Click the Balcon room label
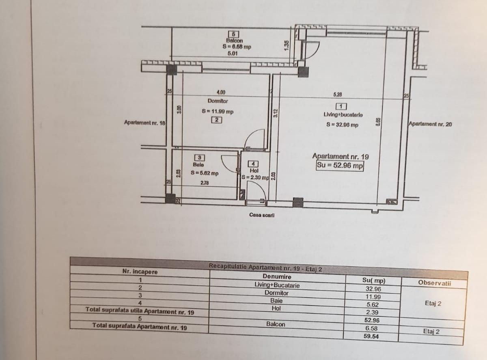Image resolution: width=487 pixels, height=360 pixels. click(x=234, y=41)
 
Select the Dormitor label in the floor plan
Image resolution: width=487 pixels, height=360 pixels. click(x=218, y=101)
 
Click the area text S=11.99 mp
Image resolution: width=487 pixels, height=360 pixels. click(x=218, y=111)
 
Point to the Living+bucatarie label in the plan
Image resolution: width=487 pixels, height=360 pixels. click(x=340, y=115)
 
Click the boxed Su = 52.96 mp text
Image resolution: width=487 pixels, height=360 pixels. click(x=340, y=166)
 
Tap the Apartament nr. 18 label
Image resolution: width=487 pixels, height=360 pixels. click(x=145, y=122)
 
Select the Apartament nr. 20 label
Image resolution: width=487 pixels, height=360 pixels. click(x=430, y=125)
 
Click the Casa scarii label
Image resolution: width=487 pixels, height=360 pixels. click(x=262, y=215)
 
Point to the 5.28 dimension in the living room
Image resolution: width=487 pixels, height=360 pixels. click(x=337, y=95)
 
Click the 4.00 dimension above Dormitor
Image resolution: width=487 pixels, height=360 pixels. click(x=221, y=93)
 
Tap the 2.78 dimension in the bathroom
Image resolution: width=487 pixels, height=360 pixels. click(x=205, y=183)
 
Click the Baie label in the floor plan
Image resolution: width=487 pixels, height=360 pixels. click(x=198, y=165)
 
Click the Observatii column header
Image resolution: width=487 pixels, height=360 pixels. click(x=434, y=283)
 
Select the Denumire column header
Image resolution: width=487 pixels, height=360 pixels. click(x=277, y=276)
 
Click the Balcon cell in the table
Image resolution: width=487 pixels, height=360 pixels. click(x=276, y=324)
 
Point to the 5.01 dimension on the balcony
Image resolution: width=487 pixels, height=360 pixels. click(x=233, y=53)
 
